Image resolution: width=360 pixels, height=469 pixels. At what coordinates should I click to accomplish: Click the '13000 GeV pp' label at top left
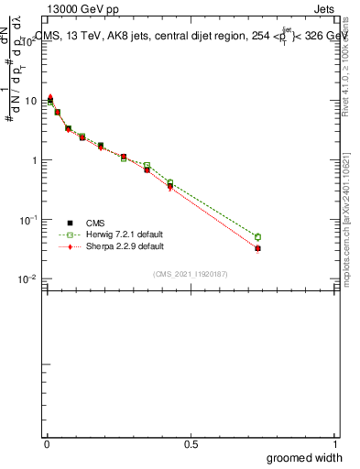79,8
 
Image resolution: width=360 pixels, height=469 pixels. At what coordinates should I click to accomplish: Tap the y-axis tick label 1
34,160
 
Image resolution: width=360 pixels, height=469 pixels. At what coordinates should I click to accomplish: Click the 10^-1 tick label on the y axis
28,220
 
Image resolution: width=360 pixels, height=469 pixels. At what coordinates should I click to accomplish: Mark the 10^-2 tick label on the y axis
28,279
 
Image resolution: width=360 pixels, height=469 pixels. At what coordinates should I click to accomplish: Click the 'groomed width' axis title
305,457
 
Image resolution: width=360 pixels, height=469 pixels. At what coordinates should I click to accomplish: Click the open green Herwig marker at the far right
257,237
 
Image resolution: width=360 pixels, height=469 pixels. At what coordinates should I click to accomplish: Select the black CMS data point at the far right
257,248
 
